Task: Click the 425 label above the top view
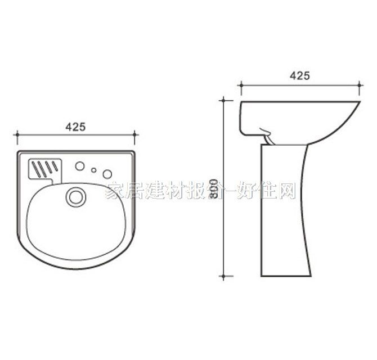point(75,127)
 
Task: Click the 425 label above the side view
point(299,76)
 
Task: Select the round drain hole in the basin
point(75,197)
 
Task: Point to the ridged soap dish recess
point(43,168)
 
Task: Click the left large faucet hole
point(80,166)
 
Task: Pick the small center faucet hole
point(94,170)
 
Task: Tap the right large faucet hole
point(107,173)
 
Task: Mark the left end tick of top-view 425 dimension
point(17,135)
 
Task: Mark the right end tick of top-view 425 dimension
point(135,135)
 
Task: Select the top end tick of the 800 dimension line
point(225,101)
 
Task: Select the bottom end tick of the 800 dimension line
point(225,276)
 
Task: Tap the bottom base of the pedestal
point(286,274)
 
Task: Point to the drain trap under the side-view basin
point(269,135)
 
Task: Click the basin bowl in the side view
point(298,115)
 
